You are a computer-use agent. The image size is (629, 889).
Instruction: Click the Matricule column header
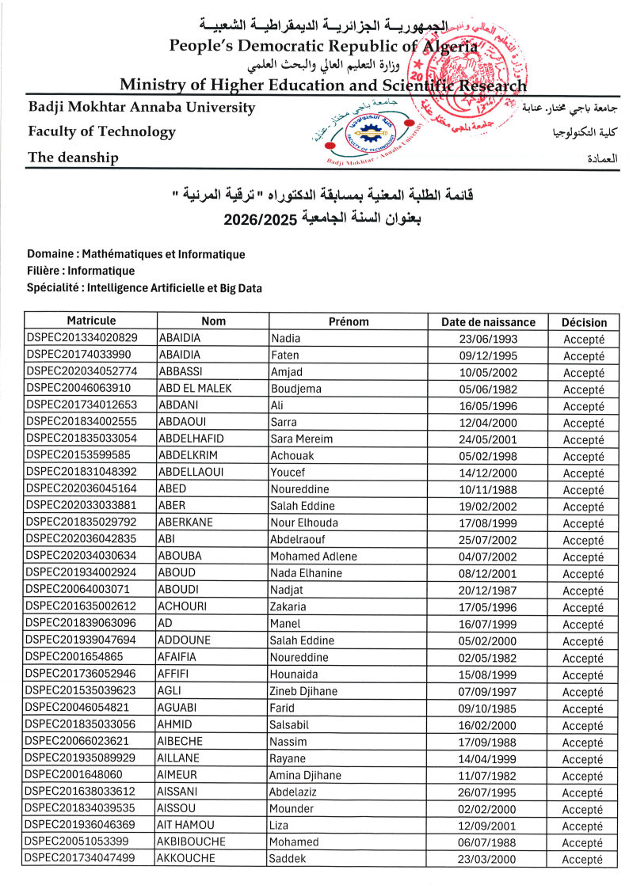coord(91,321)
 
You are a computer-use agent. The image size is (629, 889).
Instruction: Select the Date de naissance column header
coord(488,322)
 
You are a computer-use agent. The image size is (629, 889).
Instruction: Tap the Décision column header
coord(584,322)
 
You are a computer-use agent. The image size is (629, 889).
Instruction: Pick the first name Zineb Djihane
coord(303,692)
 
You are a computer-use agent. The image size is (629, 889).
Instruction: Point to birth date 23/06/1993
coord(488,339)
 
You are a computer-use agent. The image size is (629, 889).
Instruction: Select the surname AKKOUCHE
coord(187,860)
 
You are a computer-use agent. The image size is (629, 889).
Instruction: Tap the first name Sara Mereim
coord(302,439)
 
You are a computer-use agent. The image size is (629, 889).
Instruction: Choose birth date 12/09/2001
coord(488,826)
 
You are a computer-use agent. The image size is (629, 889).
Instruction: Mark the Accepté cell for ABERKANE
coord(584,523)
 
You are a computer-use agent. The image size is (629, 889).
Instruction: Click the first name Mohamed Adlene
coord(314,557)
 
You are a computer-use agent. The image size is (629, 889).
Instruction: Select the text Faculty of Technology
coord(101,131)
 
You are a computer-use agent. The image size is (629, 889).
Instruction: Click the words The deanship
coord(73,158)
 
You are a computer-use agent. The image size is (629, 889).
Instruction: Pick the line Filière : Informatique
coord(81,272)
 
